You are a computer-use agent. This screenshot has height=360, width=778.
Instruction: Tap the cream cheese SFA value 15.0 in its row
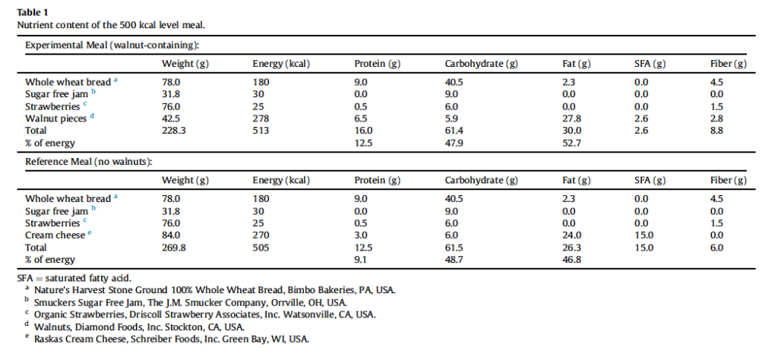(x=644, y=235)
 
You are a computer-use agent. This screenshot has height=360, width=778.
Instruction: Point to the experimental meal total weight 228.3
(x=174, y=131)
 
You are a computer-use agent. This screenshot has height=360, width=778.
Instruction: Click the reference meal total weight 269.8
(x=174, y=248)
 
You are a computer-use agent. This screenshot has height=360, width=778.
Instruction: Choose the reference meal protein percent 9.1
(x=361, y=260)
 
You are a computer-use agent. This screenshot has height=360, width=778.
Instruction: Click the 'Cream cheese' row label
(x=55, y=235)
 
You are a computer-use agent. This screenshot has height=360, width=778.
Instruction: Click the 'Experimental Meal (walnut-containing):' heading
(x=112, y=45)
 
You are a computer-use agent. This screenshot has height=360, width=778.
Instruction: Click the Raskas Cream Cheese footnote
(x=171, y=339)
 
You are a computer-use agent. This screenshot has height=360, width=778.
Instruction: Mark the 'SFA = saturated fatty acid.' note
(x=74, y=278)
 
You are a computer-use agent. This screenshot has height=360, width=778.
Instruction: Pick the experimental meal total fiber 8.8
(x=717, y=131)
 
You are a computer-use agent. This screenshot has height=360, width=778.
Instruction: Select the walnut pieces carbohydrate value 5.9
(x=451, y=118)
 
